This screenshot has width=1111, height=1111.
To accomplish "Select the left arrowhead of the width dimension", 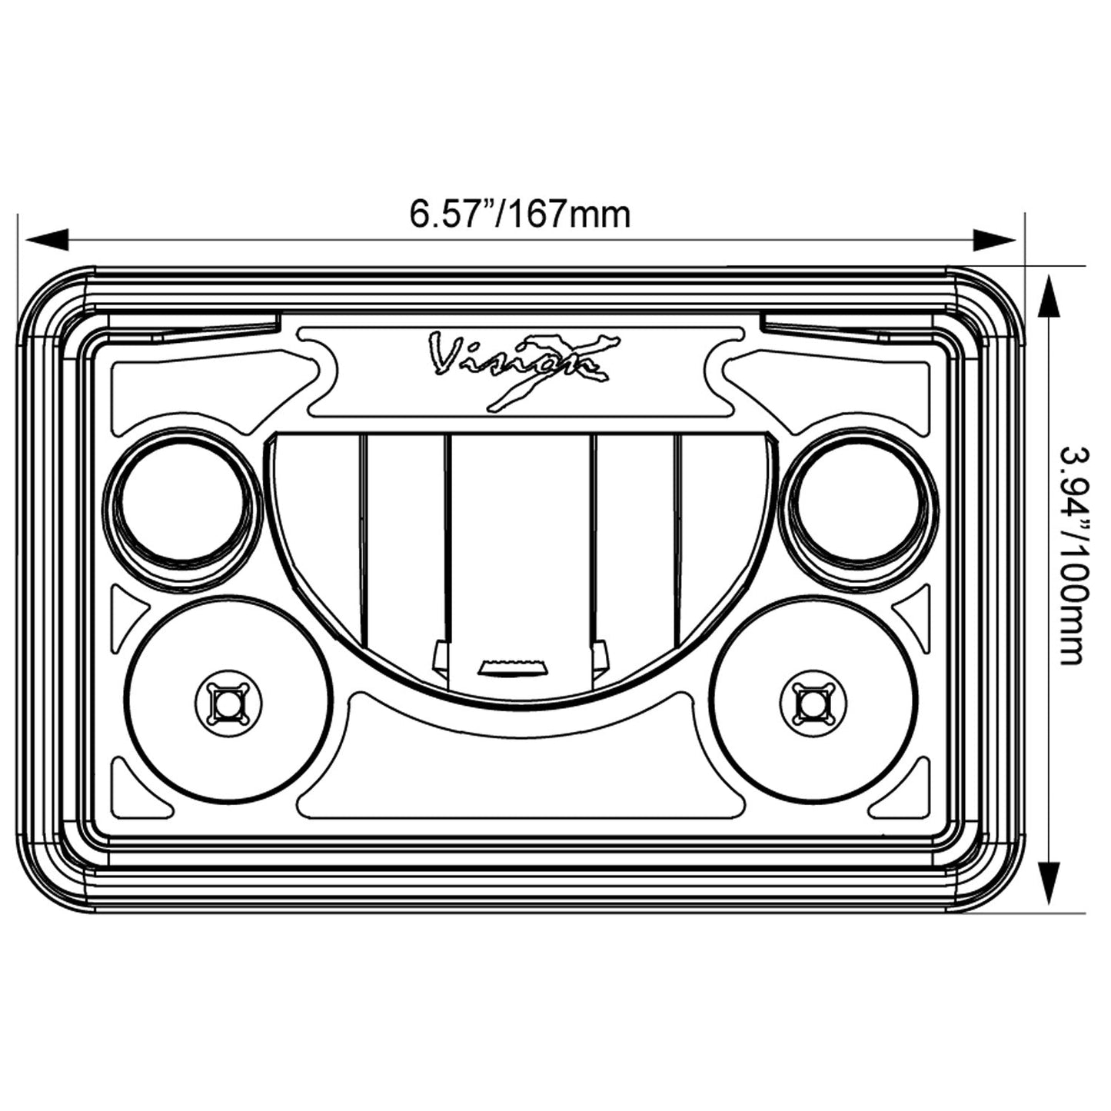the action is (47, 239).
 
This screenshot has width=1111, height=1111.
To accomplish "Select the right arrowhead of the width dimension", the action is (994, 239).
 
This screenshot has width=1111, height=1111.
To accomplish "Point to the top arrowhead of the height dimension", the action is (1049, 296).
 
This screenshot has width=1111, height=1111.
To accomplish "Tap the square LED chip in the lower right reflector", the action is (813, 703).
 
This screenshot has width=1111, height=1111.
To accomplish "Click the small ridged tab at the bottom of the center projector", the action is (513, 667).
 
